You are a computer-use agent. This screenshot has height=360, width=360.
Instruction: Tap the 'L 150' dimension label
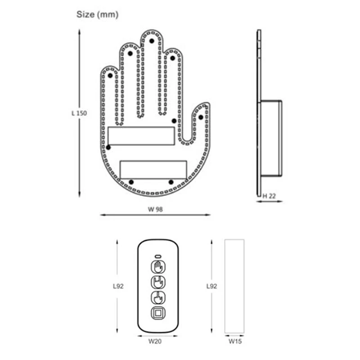coord(79,113)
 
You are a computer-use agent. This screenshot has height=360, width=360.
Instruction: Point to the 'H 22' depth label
coord(269,195)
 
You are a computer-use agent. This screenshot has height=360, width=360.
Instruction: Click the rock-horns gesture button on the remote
coord(158,283)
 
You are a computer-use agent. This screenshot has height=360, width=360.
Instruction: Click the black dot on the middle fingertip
coord(152,40)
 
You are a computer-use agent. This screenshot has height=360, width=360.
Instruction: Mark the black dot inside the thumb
coord(201,117)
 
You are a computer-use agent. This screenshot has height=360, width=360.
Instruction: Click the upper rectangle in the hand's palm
coord(141,136)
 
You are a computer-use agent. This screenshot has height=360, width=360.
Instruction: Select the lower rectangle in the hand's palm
coord(153,169)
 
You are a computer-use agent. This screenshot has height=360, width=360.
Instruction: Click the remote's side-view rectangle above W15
coord(234,286)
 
